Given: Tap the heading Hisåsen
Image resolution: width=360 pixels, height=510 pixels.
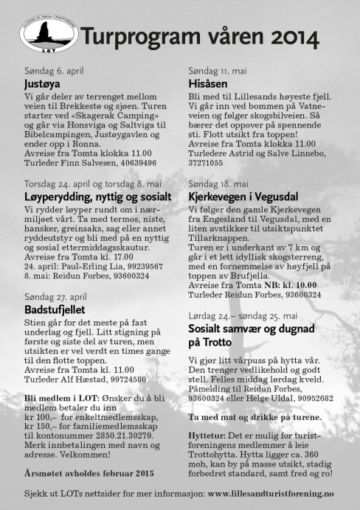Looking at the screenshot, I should tap(208, 85).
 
